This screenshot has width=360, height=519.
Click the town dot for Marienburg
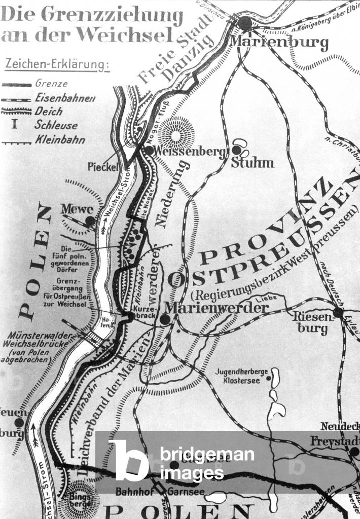pos(245,23)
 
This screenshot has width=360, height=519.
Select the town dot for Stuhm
pos(237,150)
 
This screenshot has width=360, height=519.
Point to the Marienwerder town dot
pos(165,320)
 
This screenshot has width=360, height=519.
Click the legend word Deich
pos(49,111)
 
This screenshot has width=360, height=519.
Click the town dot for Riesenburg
pos(338,312)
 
